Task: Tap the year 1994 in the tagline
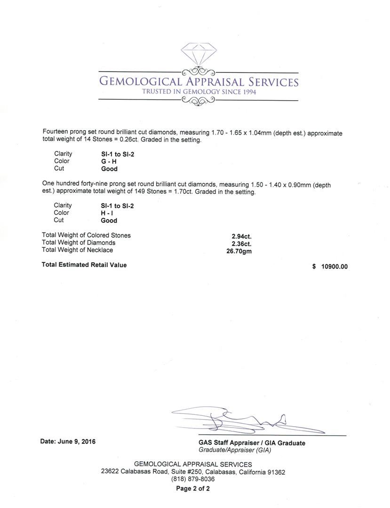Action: coord(247,92)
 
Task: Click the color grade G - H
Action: coord(109,161)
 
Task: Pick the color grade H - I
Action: coord(107,213)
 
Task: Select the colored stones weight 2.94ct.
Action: coord(241,237)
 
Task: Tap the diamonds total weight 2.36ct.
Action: coord(241,244)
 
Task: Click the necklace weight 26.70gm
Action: coord(239,251)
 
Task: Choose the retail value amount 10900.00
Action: coord(334,267)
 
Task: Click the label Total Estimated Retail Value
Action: coord(84,265)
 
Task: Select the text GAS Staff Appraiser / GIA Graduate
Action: coord(252,443)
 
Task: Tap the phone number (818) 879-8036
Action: coord(193,479)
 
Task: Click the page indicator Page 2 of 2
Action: coord(193,488)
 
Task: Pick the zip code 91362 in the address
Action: coord(275,472)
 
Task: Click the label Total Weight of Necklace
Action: coord(77,250)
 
